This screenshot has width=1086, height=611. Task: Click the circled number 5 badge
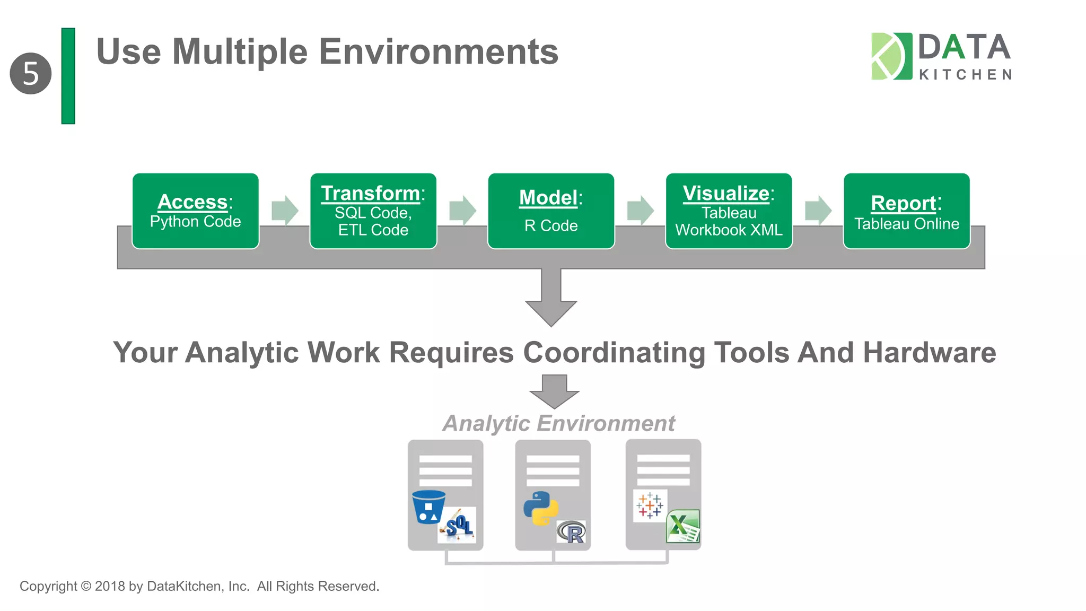pos(31,74)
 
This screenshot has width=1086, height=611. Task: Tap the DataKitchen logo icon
pos(891,56)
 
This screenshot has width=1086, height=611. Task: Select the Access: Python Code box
pos(195,211)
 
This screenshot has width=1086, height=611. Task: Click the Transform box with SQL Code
pos(373,211)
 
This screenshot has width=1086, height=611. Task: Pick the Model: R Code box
pos(551,211)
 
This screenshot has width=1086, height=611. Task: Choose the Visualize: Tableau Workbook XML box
pos(729,211)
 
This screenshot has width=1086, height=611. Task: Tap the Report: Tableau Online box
pos(906,211)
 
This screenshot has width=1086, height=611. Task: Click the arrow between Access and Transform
pos(285,211)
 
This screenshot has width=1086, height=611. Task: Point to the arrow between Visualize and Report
pos(818,211)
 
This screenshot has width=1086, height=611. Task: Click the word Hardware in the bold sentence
pos(929,353)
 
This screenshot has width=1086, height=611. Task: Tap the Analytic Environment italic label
pos(558,423)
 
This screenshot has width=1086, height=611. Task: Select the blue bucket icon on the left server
pos(428,507)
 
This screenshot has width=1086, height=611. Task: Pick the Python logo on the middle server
pos(540,508)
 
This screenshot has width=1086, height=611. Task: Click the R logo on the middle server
pos(572,532)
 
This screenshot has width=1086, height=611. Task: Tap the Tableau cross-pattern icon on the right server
pos(650,505)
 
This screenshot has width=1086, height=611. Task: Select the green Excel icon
pos(683,526)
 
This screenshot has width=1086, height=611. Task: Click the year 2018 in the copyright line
pos(110,586)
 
